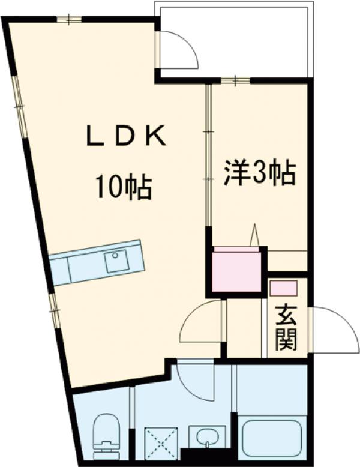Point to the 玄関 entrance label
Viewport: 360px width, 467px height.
pyautogui.click(x=287, y=330)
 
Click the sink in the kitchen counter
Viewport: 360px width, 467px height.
pyautogui.click(x=116, y=261)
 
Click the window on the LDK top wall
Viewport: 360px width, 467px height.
pyautogui.click(x=70, y=19)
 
